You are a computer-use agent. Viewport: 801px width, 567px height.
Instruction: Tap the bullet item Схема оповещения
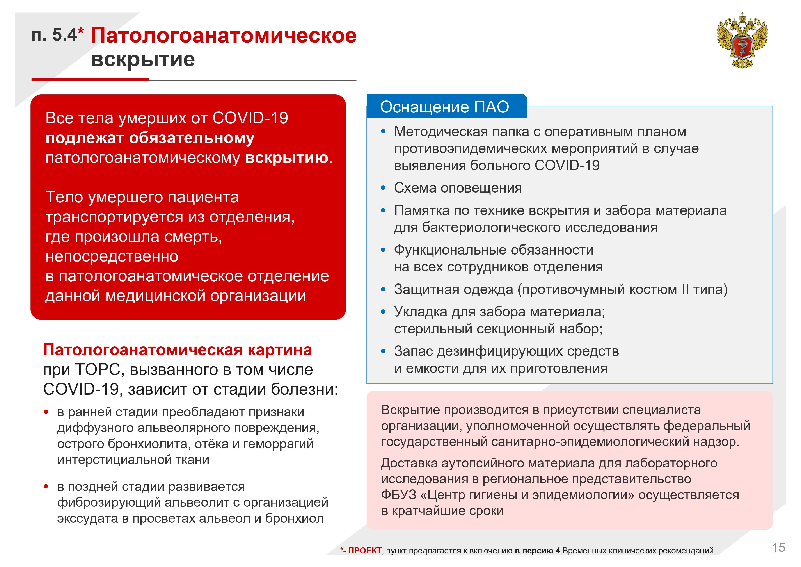coord(458,188)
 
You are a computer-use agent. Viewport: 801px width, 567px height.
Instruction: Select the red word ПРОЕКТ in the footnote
coord(365,551)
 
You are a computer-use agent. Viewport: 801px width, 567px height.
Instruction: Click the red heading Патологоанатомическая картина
coord(177,350)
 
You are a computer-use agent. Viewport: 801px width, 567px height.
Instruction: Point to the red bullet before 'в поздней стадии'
coord(46,486)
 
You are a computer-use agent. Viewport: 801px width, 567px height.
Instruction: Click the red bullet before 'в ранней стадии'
coord(46,412)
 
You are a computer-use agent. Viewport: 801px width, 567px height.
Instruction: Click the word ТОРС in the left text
coord(98,369)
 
